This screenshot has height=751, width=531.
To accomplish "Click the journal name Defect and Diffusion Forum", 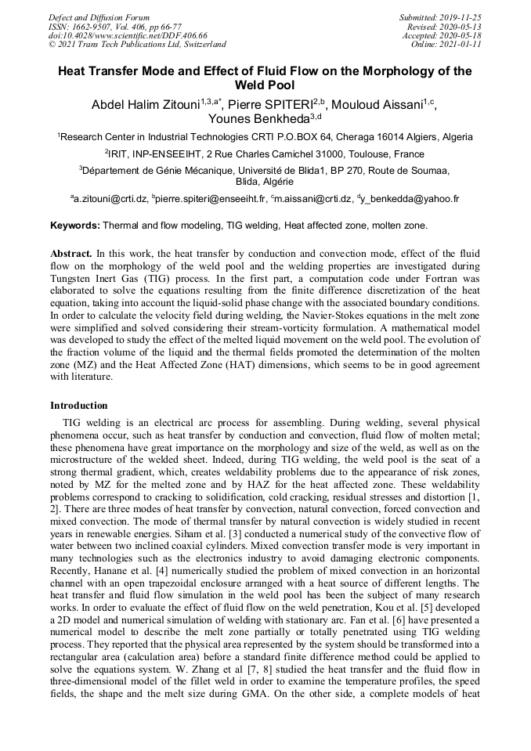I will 99,16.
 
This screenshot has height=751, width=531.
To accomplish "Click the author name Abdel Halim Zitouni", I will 146,104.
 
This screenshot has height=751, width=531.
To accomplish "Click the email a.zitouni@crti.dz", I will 110,200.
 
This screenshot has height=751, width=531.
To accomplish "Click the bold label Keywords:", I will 75,226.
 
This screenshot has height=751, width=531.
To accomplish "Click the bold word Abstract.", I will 71,255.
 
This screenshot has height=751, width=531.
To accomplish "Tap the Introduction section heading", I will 78,406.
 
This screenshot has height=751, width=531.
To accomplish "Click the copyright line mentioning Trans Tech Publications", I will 137,45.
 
